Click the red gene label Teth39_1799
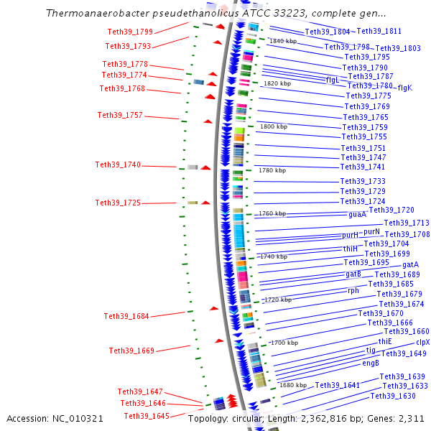pos(130,32)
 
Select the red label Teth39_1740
pos(118,165)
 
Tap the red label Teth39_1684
pos(126,316)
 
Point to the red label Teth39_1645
pos(147,417)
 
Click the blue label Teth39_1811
pos(379,32)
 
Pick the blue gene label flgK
pos(404,88)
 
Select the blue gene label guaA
pos(357,214)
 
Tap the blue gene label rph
pos(353,291)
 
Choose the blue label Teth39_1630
pos(393,397)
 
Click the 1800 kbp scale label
pos(273,126)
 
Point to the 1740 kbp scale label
pos(273,256)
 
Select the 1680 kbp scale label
pos(293,386)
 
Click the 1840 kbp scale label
pos(282,41)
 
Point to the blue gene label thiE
pos(385,341)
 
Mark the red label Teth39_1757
pos(120,116)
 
